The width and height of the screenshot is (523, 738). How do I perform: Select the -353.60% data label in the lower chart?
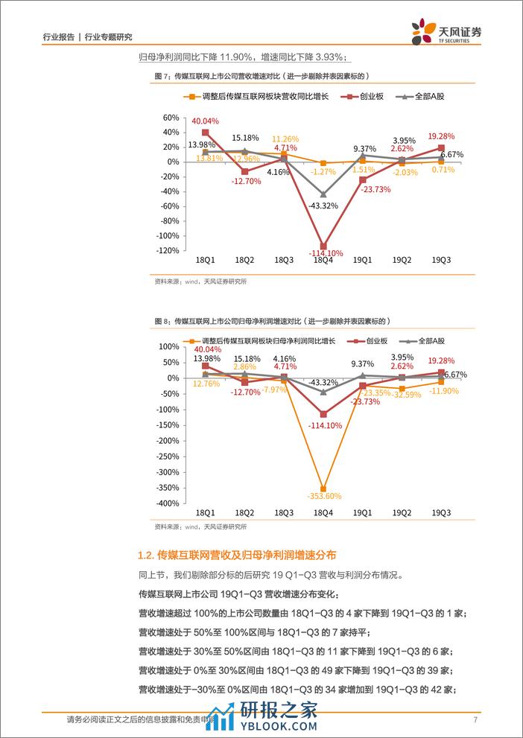[322, 496]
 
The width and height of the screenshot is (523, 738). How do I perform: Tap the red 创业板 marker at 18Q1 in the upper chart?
[205, 133]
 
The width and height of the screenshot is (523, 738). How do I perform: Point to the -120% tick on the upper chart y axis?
[168, 250]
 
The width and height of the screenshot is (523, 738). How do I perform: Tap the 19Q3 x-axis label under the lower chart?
[441, 514]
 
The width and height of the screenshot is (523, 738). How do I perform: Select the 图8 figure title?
[272, 320]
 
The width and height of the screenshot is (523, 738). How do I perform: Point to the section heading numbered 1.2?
[238, 555]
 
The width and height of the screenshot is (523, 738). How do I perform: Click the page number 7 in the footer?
[475, 719]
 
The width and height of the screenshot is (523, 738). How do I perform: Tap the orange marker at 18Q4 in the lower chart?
[323, 488]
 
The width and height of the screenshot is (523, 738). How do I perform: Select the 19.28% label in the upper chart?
[443, 136]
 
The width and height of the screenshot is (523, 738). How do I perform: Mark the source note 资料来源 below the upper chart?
[200, 281]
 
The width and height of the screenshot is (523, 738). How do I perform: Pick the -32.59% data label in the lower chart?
[404, 395]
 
